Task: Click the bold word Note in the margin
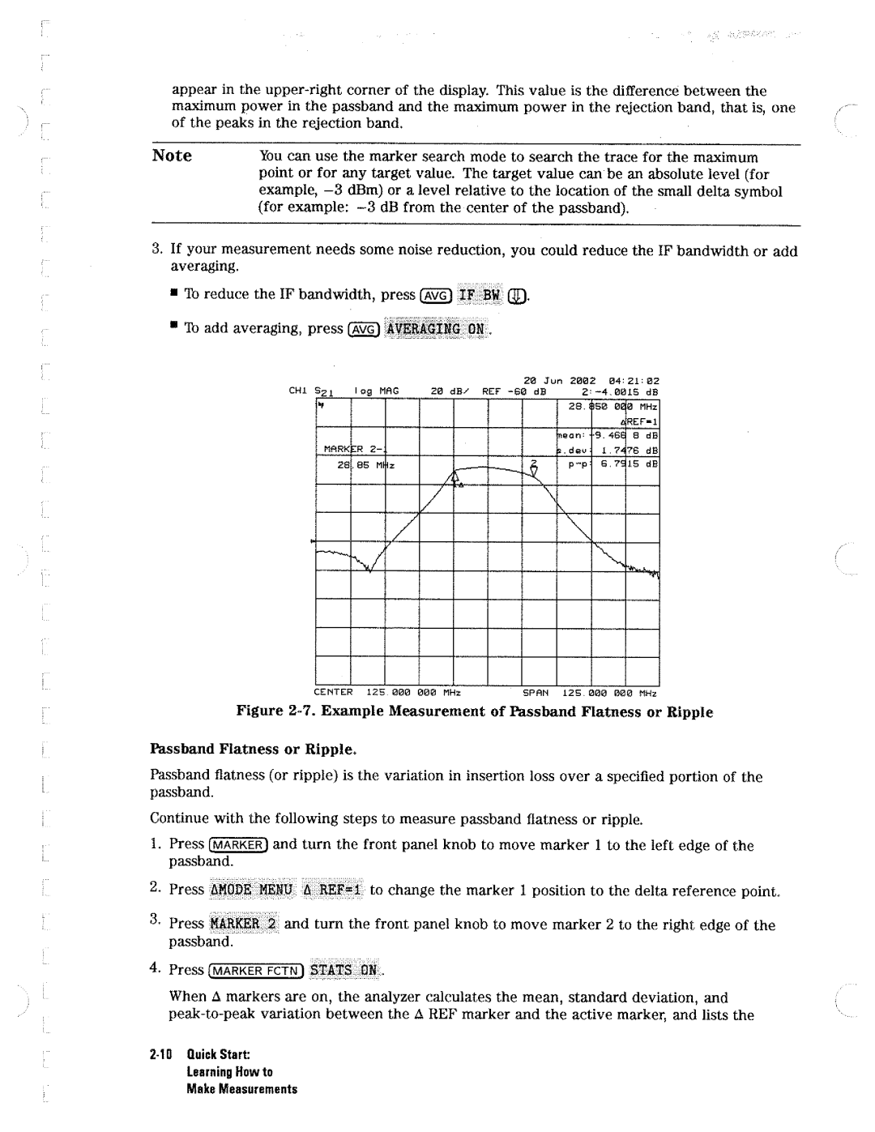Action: click(x=172, y=156)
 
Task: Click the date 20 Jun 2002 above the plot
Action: click(x=559, y=380)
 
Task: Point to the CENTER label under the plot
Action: click(x=334, y=693)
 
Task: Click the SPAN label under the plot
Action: click(x=536, y=693)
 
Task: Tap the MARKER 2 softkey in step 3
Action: click(x=243, y=925)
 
